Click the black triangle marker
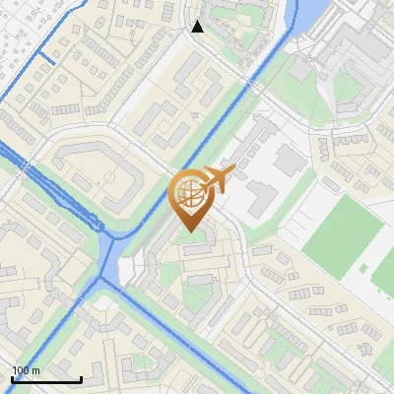pyautogui.click(x=198, y=27)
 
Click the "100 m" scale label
pyautogui.click(x=26, y=370)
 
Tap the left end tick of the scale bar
pyautogui.click(x=12, y=377)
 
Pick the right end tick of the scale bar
pyautogui.click(x=81, y=377)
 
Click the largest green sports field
pyautogui.click(x=342, y=232)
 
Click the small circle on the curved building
pyautogui.click(x=107, y=177)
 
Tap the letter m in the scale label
pyautogui.click(x=35, y=370)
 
